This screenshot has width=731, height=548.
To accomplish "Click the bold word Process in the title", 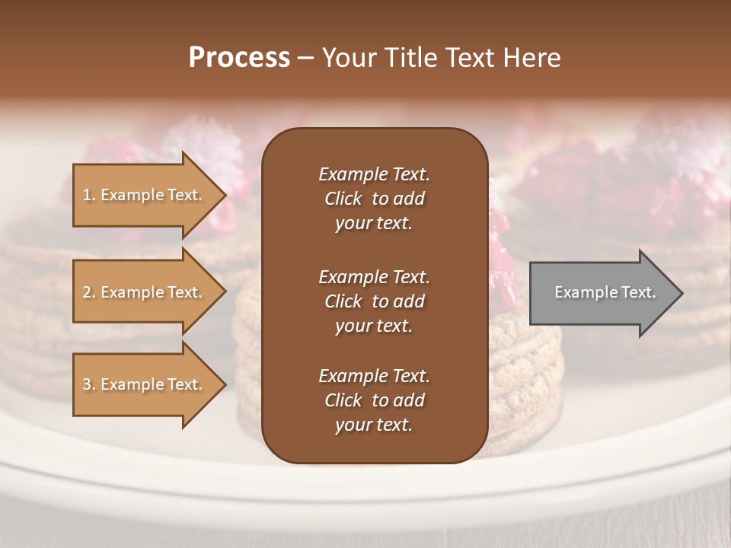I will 239,58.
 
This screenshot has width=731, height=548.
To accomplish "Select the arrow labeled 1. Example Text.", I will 145,195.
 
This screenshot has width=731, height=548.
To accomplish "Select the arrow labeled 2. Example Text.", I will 145,292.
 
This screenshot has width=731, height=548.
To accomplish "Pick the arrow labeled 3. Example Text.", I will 145,384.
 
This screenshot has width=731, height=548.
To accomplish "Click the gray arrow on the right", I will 602,292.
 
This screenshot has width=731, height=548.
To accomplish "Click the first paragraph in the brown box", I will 374,199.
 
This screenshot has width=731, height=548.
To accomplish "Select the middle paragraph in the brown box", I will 374,301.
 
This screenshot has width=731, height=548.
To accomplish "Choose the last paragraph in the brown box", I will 374,400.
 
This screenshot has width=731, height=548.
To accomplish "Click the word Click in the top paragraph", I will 343,199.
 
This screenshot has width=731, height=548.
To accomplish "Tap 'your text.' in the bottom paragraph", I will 374,425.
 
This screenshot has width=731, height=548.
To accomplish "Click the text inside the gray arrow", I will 605,292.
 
